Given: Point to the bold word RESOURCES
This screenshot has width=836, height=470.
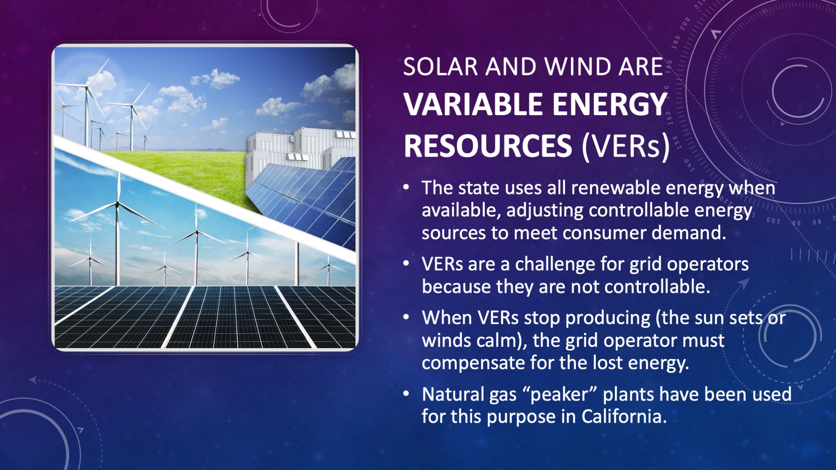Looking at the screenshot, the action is (x=488, y=146).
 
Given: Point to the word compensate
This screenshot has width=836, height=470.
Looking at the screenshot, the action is (x=473, y=363).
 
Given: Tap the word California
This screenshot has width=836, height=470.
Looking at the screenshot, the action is (x=624, y=416).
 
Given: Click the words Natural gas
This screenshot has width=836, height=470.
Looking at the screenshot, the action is (x=469, y=395).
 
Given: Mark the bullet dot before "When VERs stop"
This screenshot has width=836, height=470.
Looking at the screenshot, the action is (x=406, y=317).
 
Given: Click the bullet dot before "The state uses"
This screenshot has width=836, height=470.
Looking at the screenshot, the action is (x=406, y=187).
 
